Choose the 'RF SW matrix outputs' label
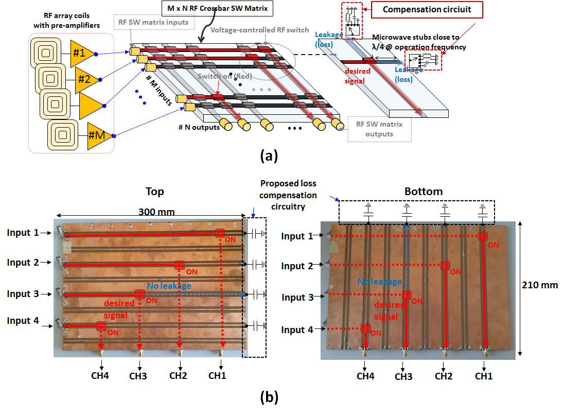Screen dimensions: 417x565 click(x=379, y=129)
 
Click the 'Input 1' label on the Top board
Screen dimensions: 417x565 click(x=23, y=233)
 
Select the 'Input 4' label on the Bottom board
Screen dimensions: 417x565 click(x=297, y=329)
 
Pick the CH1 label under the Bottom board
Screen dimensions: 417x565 click(x=484, y=376)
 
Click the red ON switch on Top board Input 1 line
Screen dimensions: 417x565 click(x=220, y=234)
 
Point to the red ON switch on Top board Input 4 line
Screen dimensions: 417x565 click(x=101, y=326)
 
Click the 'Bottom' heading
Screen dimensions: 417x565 click(x=423, y=192)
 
